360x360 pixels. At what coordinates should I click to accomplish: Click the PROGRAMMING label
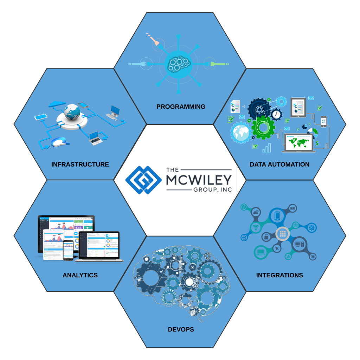click(181, 107)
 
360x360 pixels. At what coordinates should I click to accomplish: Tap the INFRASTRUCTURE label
click(80, 164)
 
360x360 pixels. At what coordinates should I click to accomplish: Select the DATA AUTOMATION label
click(279, 164)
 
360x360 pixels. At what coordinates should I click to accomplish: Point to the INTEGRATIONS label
click(279, 275)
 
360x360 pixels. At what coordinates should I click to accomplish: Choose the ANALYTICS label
click(80, 275)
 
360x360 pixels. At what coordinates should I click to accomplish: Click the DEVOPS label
click(181, 329)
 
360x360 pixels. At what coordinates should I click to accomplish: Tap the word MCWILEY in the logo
click(199, 180)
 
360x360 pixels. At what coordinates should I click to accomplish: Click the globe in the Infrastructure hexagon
click(74, 112)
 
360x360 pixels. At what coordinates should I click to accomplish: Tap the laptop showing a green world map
click(298, 143)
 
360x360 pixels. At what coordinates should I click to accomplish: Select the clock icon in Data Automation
click(276, 114)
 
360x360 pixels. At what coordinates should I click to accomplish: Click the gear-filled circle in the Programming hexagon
click(178, 64)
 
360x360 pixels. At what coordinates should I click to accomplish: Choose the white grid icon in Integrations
click(282, 233)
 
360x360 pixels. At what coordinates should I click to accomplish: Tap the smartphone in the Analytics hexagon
click(68, 250)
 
